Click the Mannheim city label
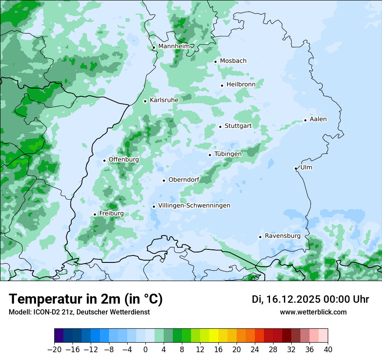(174, 46)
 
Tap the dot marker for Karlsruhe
(145, 101)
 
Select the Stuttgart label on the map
(238, 126)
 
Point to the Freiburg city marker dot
(95, 214)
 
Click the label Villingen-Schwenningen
(194, 206)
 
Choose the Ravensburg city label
(283, 236)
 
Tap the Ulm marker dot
(296, 168)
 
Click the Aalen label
(318, 119)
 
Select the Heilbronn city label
(241, 85)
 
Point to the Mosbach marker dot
(215, 62)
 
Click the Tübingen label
(228, 154)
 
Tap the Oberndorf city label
(184, 180)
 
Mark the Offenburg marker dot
(104, 160)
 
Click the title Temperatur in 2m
(86, 299)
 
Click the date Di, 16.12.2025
(286, 299)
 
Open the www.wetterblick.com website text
(313, 312)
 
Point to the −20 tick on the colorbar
(54, 350)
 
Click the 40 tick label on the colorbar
(328, 350)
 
